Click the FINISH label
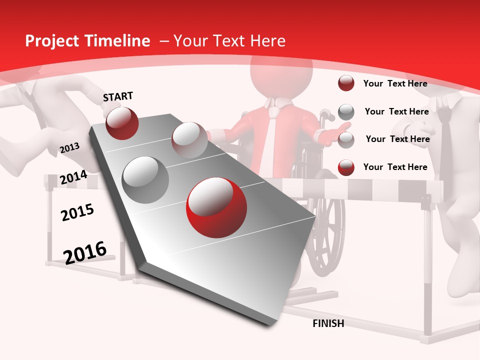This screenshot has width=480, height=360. tap(328, 323)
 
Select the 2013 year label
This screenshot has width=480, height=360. tap(69, 147)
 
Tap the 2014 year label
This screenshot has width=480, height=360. tap(73, 177)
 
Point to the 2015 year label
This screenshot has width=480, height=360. tap(77, 212)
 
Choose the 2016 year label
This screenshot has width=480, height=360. tap(85, 252)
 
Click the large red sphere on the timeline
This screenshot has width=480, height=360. tap(216, 207)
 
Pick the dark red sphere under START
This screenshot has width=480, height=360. tap(122, 122)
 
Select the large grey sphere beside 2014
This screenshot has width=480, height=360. tap(145, 179)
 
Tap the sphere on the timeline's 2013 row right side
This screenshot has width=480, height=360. tap(189, 139)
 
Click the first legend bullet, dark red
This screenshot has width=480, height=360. tap(346, 83)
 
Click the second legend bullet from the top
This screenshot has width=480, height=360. tap(346, 112)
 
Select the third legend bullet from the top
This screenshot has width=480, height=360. tap(346, 140)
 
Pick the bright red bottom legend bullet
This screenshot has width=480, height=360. tap(346, 167)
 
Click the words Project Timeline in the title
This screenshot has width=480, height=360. tap(87, 41)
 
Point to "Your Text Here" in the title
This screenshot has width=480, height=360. tap(229, 41)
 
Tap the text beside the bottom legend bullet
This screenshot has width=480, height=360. tap(395, 167)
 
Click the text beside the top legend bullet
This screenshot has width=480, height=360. tap(395, 83)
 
